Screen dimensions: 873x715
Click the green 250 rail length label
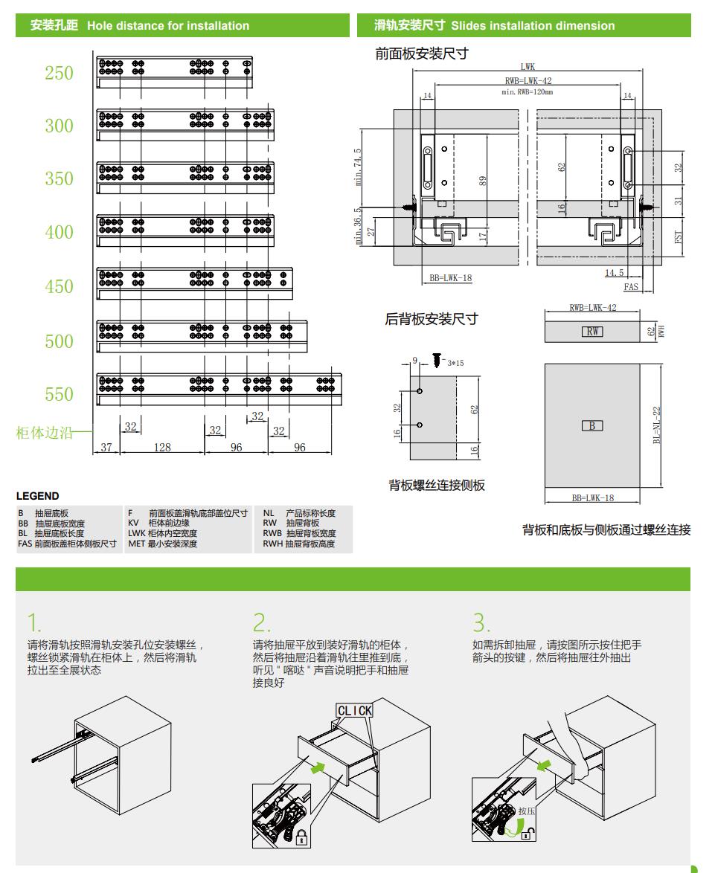[x=59, y=73]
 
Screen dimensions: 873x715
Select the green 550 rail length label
[x=59, y=394]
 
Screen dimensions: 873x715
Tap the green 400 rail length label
[x=59, y=232]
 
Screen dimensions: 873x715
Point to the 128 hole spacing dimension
[x=162, y=447]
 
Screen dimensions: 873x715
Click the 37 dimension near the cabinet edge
[x=106, y=447]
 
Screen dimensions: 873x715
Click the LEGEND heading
[x=37, y=496]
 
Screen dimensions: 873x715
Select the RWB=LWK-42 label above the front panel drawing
[x=528, y=80]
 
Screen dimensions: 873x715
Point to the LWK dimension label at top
[x=528, y=67]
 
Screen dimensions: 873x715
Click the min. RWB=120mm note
[x=528, y=92]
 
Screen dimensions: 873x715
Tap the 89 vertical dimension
[x=483, y=181]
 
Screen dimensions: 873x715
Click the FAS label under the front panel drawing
[x=631, y=287]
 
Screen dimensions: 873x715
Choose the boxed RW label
[x=592, y=332]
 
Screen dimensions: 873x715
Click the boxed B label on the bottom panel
[x=592, y=426]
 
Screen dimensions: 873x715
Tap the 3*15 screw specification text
[x=455, y=363]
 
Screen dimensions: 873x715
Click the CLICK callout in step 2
[x=354, y=711]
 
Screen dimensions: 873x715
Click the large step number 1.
[x=33, y=622]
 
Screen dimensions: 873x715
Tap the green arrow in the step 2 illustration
[x=318, y=766]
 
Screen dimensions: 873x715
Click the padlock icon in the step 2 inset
[x=301, y=840]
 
